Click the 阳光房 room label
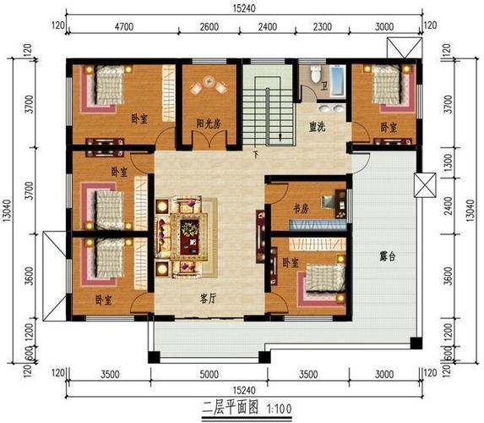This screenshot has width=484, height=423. [209, 124]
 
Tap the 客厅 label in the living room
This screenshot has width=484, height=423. [208, 299]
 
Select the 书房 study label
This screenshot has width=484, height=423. [301, 209]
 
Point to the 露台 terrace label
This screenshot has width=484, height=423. [388, 256]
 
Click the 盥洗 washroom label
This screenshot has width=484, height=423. [318, 127]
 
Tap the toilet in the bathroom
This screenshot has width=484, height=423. [316, 74]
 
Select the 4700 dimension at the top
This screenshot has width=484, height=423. [124, 27]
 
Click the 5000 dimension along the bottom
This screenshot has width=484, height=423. [209, 375]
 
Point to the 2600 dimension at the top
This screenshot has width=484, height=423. [209, 27]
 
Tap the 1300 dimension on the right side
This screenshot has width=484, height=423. [449, 162]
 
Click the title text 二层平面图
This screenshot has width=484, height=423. [230, 409]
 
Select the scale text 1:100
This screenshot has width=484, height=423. [280, 409]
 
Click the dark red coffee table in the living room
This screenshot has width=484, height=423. [189, 237]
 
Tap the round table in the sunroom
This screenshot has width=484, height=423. [209, 81]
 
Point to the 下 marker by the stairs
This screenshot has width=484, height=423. [256, 155]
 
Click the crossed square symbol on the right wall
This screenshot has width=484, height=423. [425, 185]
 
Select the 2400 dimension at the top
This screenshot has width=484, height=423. [267, 27]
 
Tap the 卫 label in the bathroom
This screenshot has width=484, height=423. [324, 85]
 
